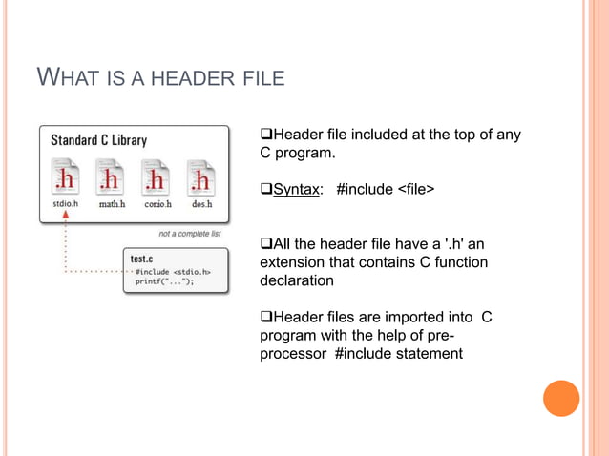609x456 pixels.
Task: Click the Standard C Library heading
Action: click(98, 140)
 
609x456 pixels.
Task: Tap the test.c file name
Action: click(144, 258)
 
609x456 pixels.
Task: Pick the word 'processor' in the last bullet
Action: click(294, 355)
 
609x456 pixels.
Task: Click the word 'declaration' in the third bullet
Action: click(296, 281)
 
